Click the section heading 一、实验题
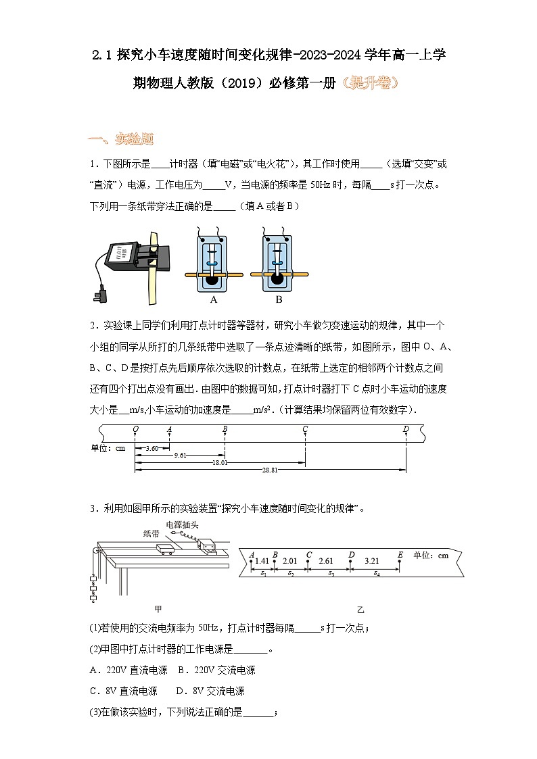click(121, 139)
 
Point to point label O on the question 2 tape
click(135, 429)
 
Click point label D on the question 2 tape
click(406, 429)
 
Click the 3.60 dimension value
click(151, 448)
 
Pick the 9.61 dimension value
click(180, 456)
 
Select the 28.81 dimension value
click(270, 469)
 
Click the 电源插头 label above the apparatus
click(182, 524)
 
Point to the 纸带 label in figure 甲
click(151, 533)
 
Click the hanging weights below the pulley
click(92, 587)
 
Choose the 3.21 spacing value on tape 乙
click(371, 560)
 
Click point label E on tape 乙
click(400, 555)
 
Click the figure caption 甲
click(158, 608)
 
